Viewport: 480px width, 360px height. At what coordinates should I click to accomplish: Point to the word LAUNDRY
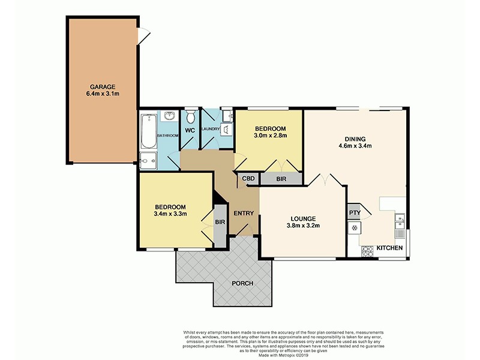point(211,128)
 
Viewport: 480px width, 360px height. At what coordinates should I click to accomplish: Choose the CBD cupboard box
point(248,178)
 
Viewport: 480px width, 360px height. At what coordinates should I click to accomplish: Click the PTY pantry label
point(354,212)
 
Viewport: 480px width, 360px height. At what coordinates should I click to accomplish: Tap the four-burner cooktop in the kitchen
point(355,228)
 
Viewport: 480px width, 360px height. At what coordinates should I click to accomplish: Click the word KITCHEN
point(389,248)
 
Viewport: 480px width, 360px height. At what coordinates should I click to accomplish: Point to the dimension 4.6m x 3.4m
point(355,145)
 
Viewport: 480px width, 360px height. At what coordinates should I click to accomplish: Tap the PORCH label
point(243,283)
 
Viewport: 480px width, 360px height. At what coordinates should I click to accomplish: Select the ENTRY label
point(244,213)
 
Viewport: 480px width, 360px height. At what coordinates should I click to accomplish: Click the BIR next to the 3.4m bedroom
point(220,222)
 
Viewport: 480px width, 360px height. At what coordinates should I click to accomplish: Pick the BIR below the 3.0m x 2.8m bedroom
point(281,179)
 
